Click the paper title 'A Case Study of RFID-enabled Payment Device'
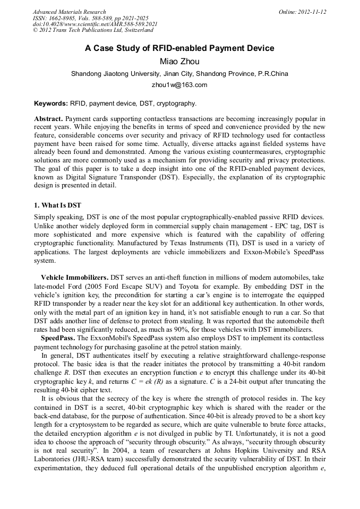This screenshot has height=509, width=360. [179, 48]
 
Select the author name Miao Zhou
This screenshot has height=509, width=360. [179, 62]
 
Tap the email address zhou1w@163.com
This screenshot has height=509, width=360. [179, 85]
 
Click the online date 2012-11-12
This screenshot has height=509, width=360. [302, 12]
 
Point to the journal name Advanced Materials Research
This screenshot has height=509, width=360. [69, 12]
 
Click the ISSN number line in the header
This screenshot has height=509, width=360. [90, 18]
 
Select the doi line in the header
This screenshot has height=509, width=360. [95, 24]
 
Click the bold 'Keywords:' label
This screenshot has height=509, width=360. [51, 103]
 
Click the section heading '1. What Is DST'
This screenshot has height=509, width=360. [58, 205]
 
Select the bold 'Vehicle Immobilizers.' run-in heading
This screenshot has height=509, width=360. [75, 277]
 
